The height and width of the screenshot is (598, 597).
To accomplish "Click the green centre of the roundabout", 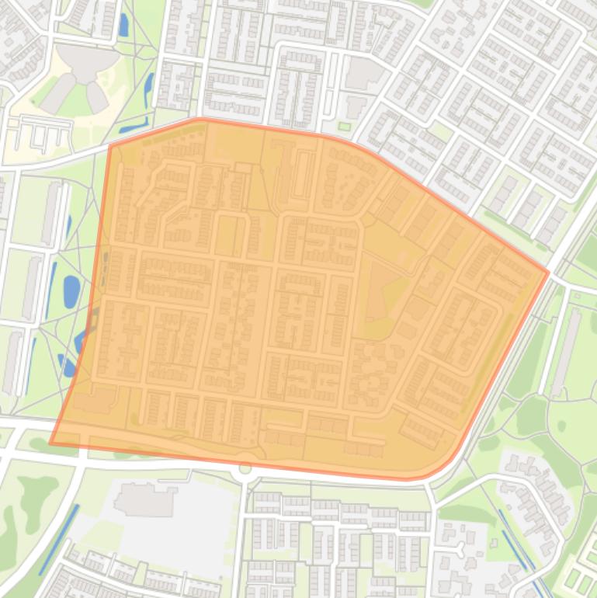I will pyautogui.click(x=245, y=468).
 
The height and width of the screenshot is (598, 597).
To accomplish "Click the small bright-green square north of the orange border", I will pyautogui.click(x=345, y=126).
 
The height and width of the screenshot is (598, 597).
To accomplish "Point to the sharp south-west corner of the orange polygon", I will pyautogui.click(x=51, y=443).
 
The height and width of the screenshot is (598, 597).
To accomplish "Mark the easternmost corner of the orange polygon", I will pyautogui.click(x=548, y=272).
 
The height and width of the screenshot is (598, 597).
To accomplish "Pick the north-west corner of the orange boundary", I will pyautogui.click(x=110, y=145).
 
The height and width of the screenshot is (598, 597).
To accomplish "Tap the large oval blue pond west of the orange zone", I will pyautogui.click(x=71, y=290).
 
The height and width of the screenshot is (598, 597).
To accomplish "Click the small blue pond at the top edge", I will pyautogui.click(x=123, y=26).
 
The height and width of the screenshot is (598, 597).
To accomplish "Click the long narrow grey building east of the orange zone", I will pyautogui.click(x=566, y=350).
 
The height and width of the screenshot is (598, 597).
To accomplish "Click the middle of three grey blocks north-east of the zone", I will pyautogui.click(x=528, y=207).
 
